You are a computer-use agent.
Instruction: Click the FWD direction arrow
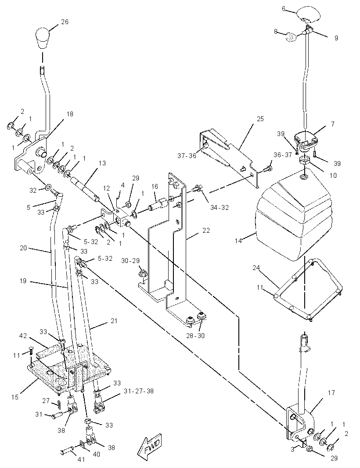(150, 446)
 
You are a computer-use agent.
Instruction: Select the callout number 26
(65, 22)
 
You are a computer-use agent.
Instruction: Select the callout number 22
(206, 230)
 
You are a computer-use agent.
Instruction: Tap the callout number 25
(260, 119)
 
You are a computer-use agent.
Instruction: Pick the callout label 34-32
(220, 207)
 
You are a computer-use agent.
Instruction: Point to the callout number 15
(15, 397)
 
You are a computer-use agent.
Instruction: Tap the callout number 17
(331, 393)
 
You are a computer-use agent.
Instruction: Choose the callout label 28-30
(196, 335)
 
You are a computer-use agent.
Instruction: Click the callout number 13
(102, 163)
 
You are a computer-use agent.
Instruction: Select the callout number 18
(69, 114)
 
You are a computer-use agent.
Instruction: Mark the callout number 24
(256, 268)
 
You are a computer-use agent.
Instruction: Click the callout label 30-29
(130, 261)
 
